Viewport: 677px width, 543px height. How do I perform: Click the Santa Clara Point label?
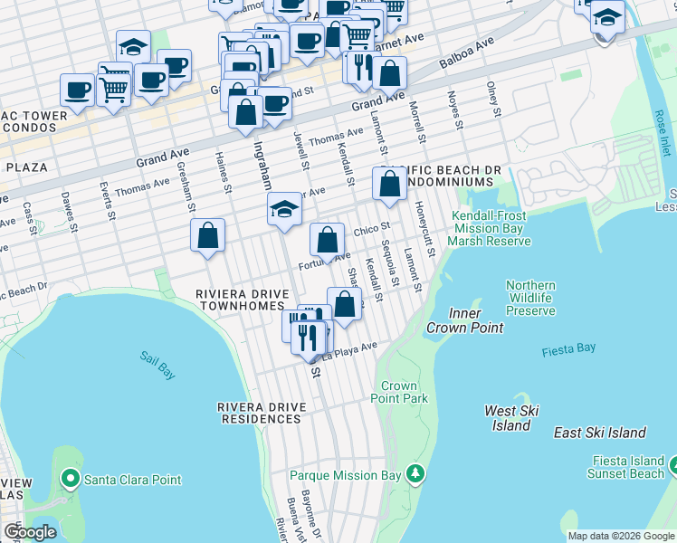[x=131, y=480]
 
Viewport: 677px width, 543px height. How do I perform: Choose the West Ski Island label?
[x=512, y=418]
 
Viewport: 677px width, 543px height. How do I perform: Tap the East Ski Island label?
[x=600, y=433]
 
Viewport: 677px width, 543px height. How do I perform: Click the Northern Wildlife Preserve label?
[x=530, y=298]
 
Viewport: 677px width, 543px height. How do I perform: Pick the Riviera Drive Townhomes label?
[x=243, y=300]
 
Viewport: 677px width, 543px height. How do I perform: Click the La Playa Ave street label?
[x=355, y=349]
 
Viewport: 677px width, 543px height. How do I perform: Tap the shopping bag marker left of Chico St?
[x=327, y=240]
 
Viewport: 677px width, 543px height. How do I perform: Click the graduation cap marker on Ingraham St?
[x=284, y=210]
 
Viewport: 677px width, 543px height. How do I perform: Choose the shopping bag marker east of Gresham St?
[x=208, y=235]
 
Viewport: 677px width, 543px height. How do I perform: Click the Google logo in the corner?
[x=30, y=532]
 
